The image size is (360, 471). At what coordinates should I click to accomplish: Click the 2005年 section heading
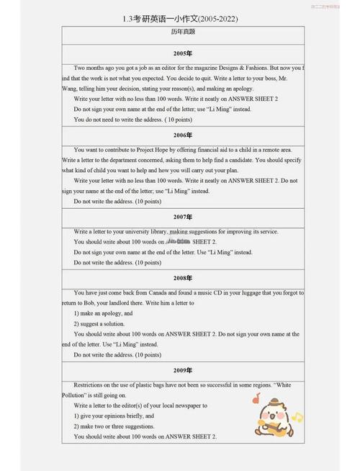point(183,54)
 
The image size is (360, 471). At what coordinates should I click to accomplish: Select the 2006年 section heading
point(183,135)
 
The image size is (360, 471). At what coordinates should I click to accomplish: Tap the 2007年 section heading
point(183,217)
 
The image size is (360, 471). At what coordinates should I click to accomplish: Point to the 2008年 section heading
point(183,278)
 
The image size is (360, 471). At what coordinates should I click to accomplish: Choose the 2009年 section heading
point(183,370)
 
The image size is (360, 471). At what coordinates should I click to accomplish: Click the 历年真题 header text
point(183,32)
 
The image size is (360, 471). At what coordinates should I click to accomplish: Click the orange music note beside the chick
point(256,398)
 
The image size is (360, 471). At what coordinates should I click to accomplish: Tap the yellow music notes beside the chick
point(297,417)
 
